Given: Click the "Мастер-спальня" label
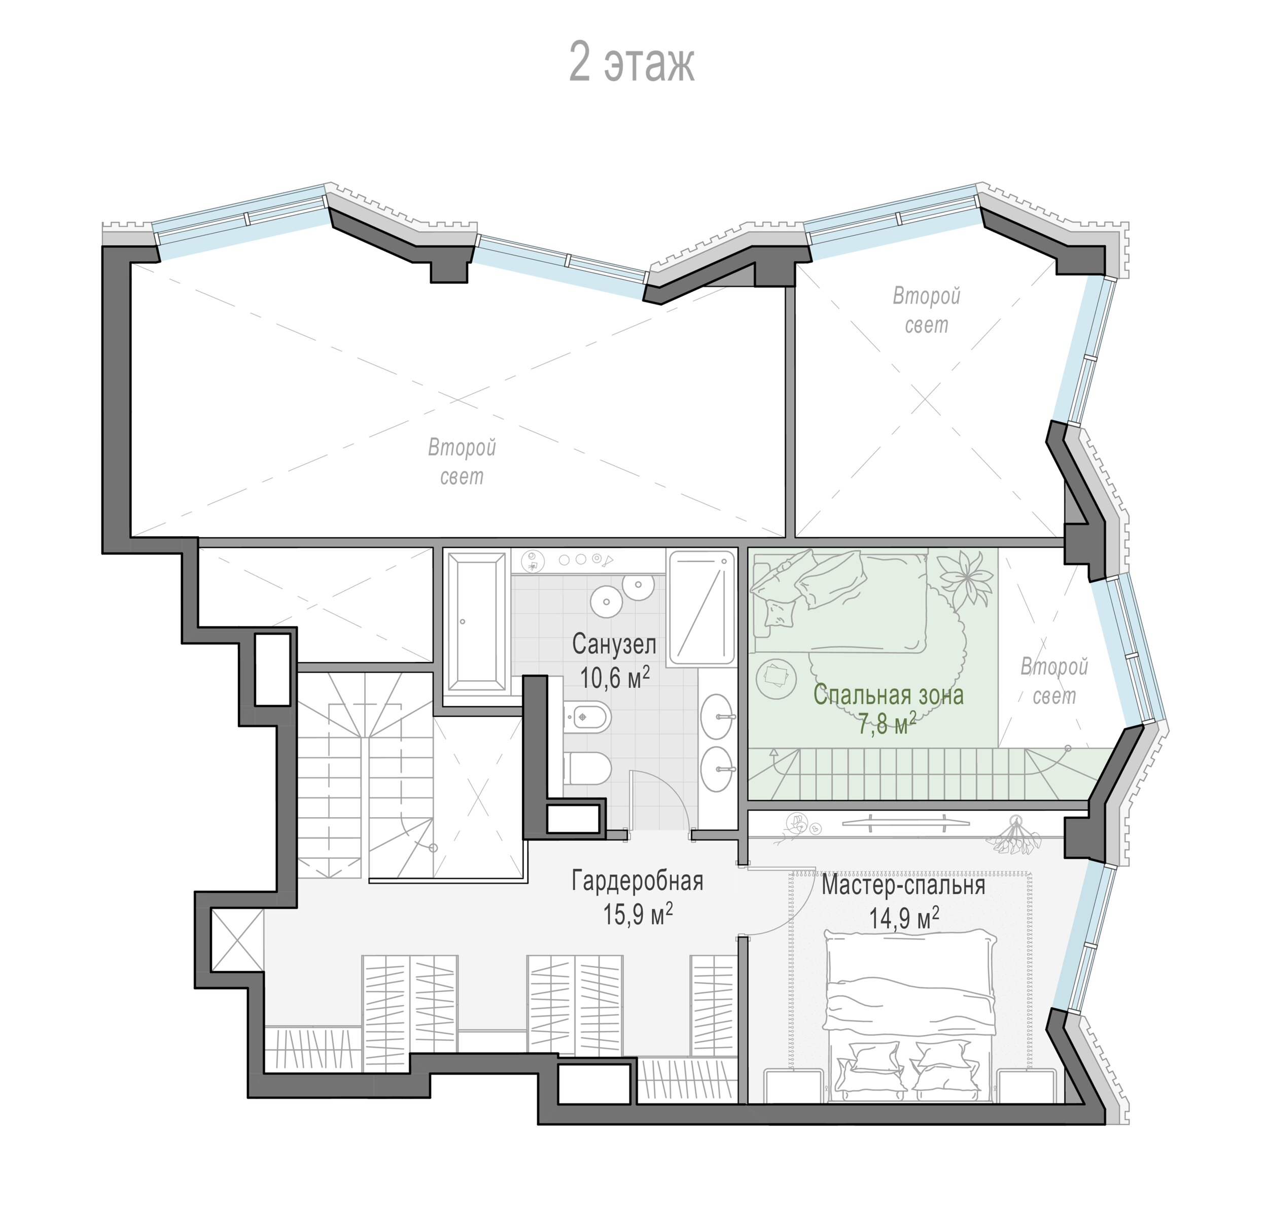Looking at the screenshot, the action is [x=903, y=885].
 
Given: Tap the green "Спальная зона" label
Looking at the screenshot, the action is [x=888, y=695].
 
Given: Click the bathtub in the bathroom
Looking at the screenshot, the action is [x=476, y=622].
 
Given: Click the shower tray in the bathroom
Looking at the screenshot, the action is [x=702, y=608].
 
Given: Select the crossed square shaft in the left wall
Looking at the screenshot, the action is [x=237, y=940].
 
